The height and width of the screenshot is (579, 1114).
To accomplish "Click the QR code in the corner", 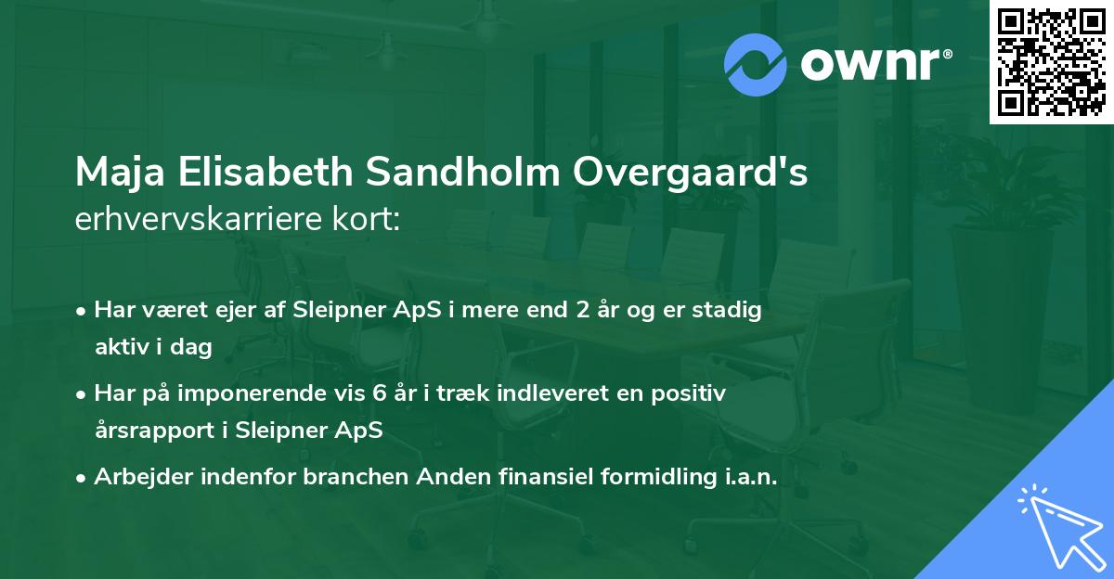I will click(x=1051, y=62).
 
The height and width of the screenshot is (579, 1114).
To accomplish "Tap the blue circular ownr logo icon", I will click(x=756, y=64).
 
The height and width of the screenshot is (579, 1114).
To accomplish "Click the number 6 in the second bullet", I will click(x=379, y=393).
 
